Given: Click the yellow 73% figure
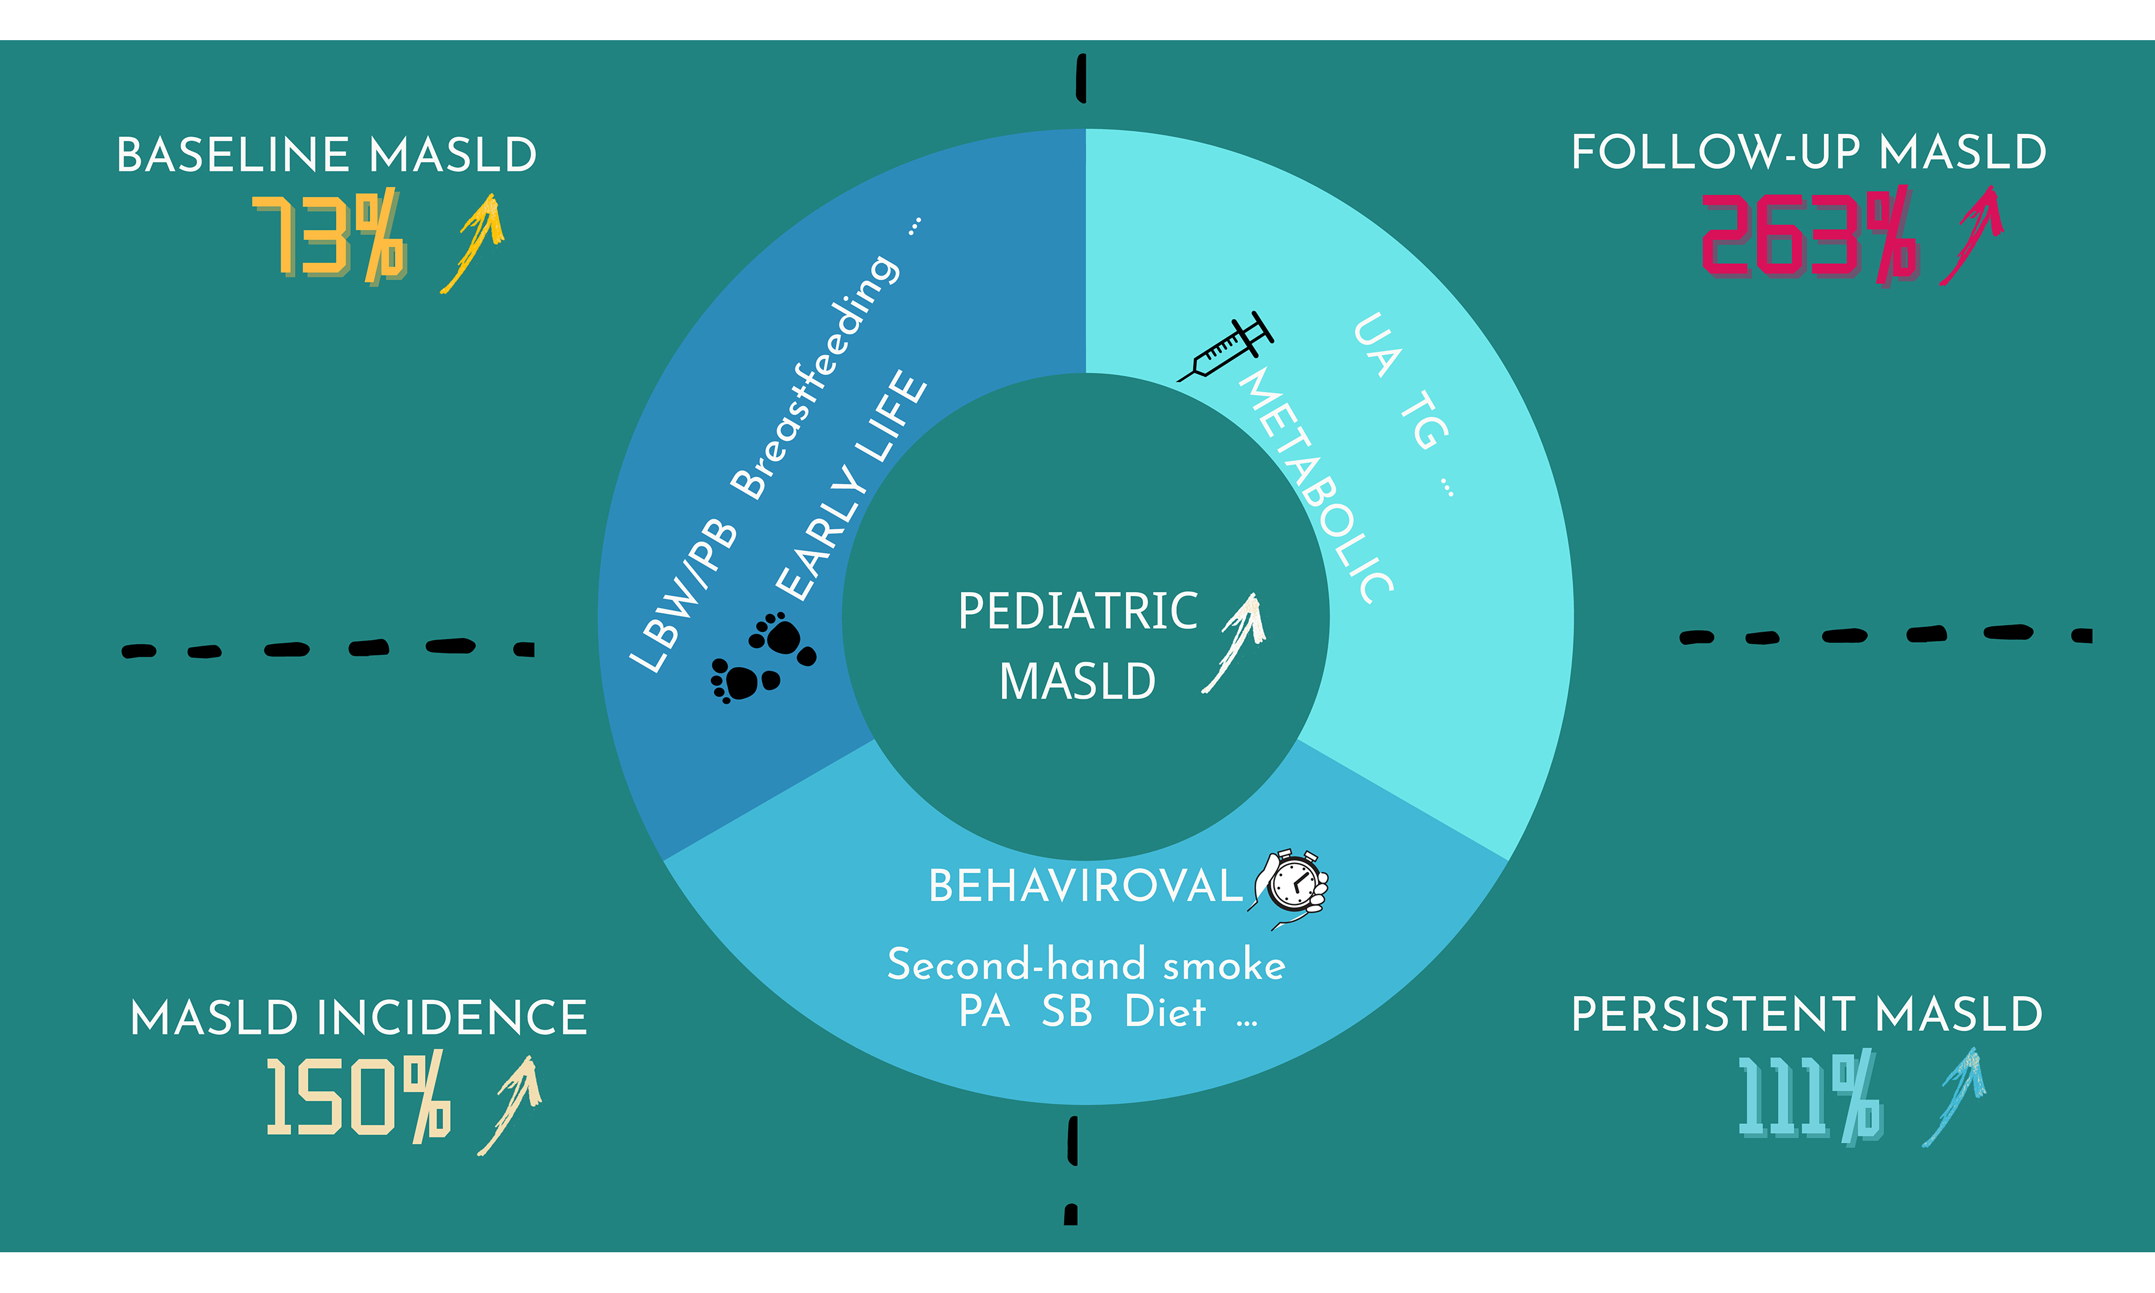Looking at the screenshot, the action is [330, 235].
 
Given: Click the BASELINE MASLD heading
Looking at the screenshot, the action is [327, 155].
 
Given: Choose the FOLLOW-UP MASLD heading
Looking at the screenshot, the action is [1809, 153].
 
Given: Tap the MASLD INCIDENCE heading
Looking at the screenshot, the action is [358, 1017].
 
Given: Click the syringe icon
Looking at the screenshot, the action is [1225, 347].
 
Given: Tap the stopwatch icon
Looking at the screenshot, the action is [1289, 889].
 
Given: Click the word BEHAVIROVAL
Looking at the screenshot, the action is [1086, 886].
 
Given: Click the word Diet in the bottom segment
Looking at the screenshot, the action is [1165, 1011].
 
